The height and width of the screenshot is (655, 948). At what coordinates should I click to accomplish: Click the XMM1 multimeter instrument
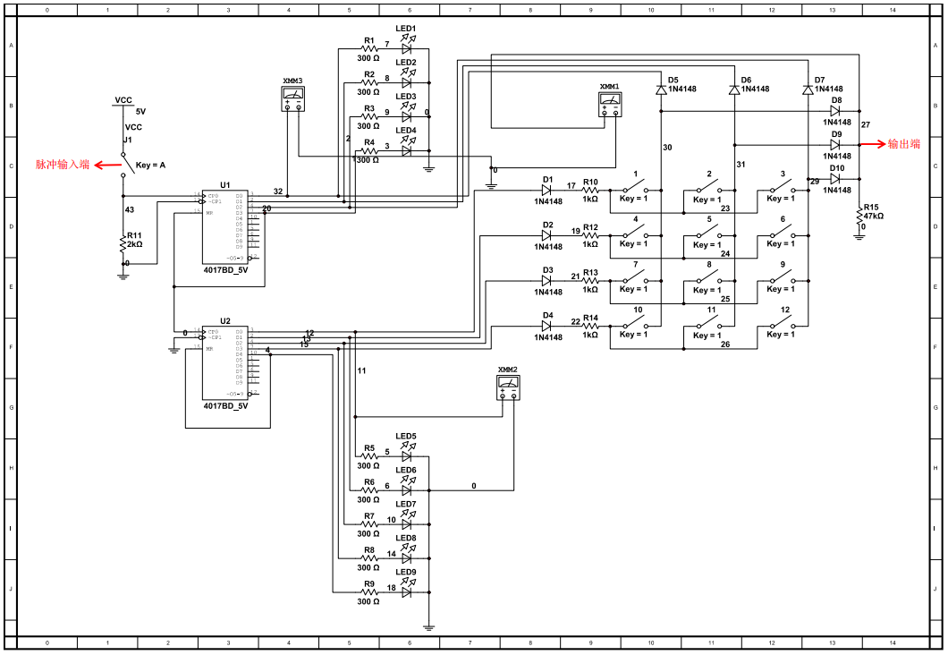pyautogui.click(x=610, y=105)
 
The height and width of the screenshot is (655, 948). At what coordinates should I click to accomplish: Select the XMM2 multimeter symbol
pyautogui.click(x=508, y=387)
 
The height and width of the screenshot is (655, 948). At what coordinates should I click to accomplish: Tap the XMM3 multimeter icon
pyautogui.click(x=292, y=99)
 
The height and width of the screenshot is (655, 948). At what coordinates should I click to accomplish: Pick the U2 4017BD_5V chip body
pyautogui.click(x=224, y=362)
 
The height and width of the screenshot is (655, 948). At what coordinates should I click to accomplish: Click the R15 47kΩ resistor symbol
pyautogui.click(x=859, y=213)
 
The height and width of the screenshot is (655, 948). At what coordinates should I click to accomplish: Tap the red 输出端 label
pyautogui.click(x=903, y=144)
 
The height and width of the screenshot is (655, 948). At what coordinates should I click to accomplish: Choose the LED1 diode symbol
pyautogui.click(x=407, y=48)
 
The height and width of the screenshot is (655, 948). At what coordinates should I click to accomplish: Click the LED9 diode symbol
pyautogui.click(x=407, y=591)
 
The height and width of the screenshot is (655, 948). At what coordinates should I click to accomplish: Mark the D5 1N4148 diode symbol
pyautogui.click(x=661, y=89)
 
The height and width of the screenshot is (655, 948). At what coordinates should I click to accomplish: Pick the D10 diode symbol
pyautogui.click(x=835, y=179)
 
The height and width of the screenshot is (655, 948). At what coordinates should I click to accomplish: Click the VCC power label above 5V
pyautogui.click(x=123, y=100)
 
